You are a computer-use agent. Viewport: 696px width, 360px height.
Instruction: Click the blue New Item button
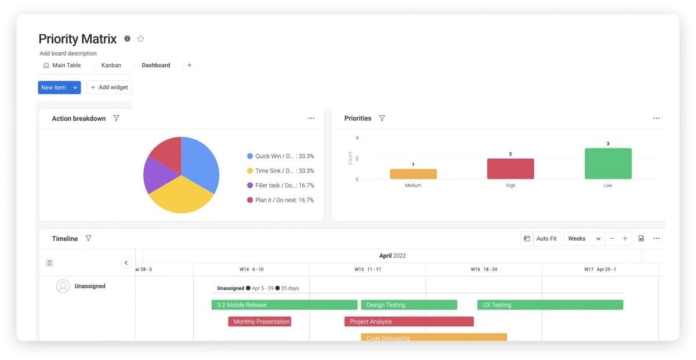(x=53, y=88)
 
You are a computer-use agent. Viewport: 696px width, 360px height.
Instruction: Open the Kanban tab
(x=111, y=66)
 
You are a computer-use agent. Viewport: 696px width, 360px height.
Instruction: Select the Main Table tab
(x=62, y=66)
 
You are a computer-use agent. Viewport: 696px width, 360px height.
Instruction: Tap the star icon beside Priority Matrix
(x=140, y=39)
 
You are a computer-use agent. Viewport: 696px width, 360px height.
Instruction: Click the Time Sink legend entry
(x=280, y=171)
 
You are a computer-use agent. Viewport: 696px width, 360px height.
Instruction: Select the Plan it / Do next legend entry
(x=280, y=200)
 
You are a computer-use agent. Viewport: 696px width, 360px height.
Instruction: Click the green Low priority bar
(x=608, y=163)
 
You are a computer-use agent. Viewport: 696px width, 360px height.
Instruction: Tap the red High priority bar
(x=510, y=169)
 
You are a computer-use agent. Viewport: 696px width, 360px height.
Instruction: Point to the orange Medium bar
(x=413, y=174)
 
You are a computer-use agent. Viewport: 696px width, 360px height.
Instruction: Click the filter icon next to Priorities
(x=382, y=118)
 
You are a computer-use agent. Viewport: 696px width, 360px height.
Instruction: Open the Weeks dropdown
(x=584, y=239)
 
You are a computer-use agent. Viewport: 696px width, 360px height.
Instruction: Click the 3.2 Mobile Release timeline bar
(x=284, y=305)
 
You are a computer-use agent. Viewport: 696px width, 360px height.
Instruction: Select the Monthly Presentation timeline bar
(x=259, y=322)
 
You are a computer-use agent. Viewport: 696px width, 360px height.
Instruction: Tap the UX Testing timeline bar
(x=550, y=305)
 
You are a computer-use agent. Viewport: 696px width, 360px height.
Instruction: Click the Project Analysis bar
(x=409, y=322)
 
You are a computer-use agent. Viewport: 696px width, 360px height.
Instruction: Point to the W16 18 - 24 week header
(x=484, y=270)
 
